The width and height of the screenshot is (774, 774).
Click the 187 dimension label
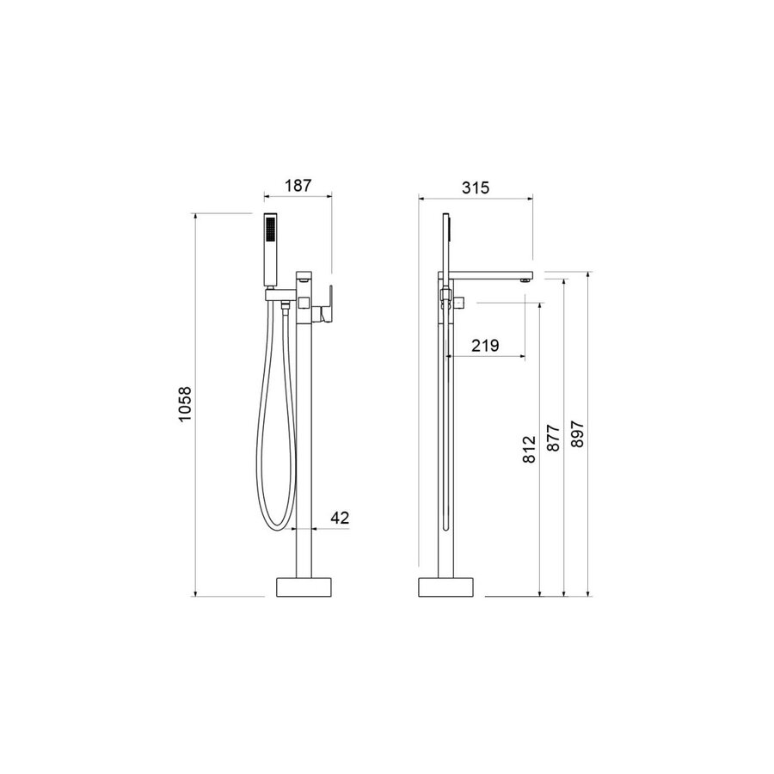coord(298,186)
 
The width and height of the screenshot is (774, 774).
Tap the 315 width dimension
coord(476,187)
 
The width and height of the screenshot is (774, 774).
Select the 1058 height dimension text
coord(185,404)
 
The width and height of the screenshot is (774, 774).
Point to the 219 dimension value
coord(485,346)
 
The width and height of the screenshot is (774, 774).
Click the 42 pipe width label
coord(340,518)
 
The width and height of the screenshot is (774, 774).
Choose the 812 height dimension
coord(529,449)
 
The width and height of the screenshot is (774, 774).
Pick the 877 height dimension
coord(553,438)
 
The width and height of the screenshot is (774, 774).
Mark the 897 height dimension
coord(577,434)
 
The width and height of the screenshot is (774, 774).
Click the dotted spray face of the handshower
coord(270,230)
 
